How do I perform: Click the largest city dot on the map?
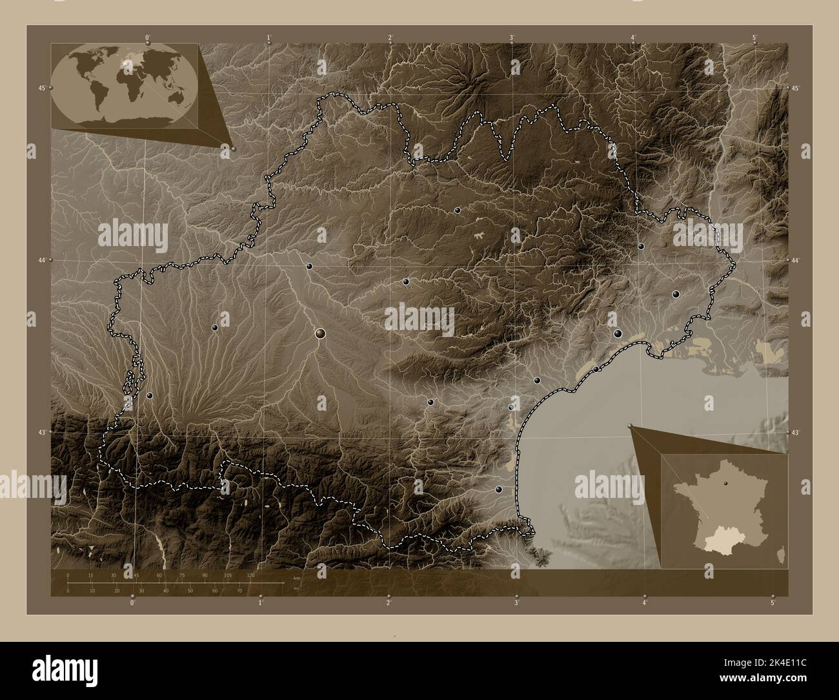point(321,333)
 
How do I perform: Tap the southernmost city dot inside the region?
point(498,490)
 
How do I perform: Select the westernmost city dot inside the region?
point(150,395)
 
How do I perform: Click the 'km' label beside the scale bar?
point(297,577)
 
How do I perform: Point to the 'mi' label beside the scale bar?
point(296,588)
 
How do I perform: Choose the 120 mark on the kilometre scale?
point(250,575)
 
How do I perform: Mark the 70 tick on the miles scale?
point(239,591)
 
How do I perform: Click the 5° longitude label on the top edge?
point(754,37)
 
